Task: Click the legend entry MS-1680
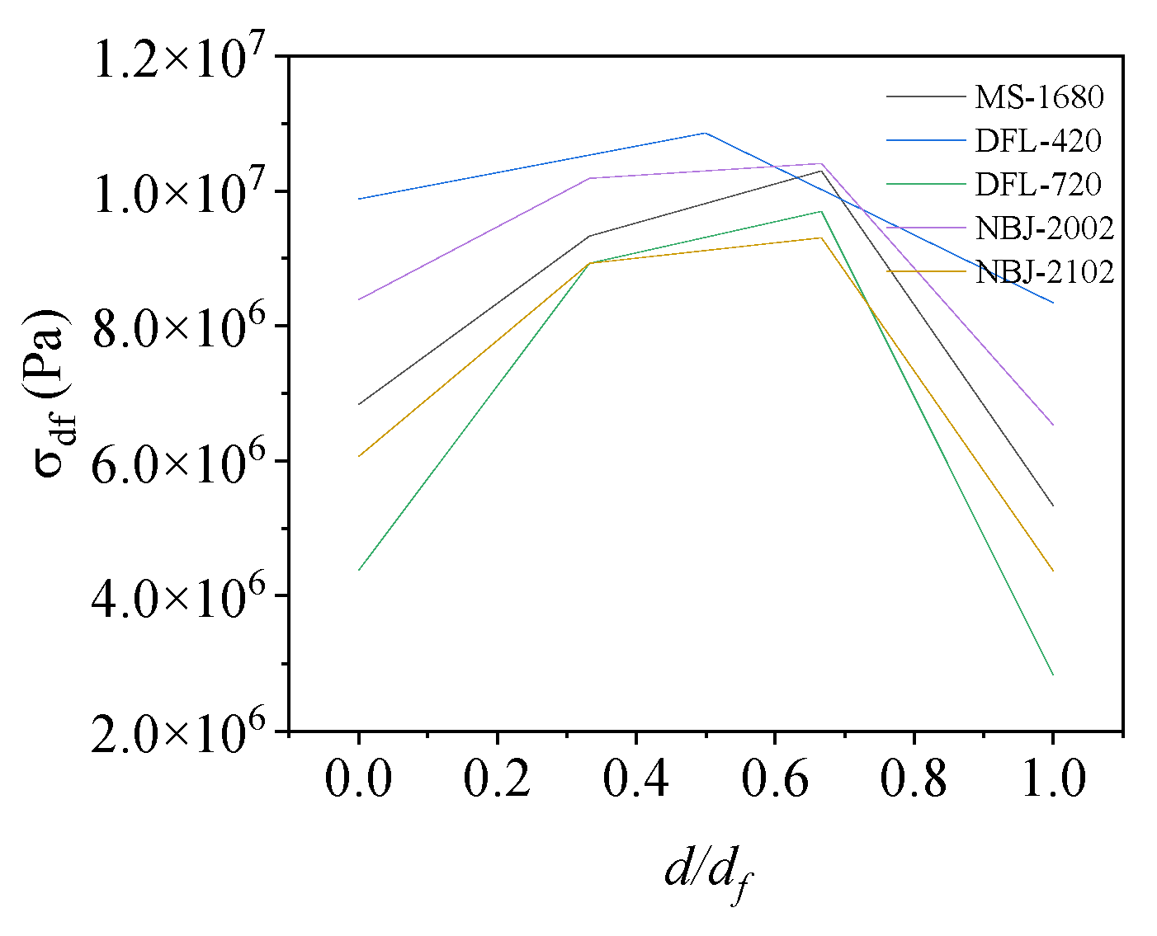[x=1039, y=97]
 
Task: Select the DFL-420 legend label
[x=1038, y=141]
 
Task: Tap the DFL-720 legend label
[x=1038, y=184]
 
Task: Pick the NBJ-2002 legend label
[x=1045, y=228]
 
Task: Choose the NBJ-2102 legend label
[x=1045, y=271]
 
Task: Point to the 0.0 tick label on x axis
[x=358, y=778]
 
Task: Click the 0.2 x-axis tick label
[x=497, y=778]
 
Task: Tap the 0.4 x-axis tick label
[x=635, y=778]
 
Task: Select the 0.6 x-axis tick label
[x=774, y=778]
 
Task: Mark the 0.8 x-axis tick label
[x=914, y=778]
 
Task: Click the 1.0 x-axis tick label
[x=1052, y=778]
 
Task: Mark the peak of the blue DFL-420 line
[x=705, y=133]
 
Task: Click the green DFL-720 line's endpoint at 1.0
[x=1053, y=675]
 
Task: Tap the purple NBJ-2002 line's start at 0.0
[x=358, y=299]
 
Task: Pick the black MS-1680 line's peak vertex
[x=821, y=171]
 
